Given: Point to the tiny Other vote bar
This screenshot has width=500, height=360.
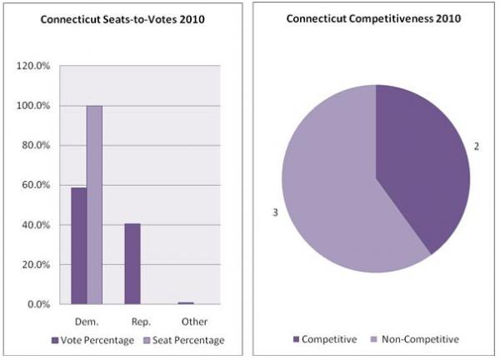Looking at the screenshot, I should pos(185,302).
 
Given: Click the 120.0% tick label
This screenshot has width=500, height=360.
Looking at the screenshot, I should pos(35,66).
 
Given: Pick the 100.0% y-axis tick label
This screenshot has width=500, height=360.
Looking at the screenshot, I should pos(35,106).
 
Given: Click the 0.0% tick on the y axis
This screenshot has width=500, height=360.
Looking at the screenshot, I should pos(40,304).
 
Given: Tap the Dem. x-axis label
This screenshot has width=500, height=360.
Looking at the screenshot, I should pos(86,321).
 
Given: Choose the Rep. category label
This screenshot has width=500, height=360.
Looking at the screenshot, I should pos(139,321).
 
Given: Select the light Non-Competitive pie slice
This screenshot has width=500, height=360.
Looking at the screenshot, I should pos(333,192).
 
